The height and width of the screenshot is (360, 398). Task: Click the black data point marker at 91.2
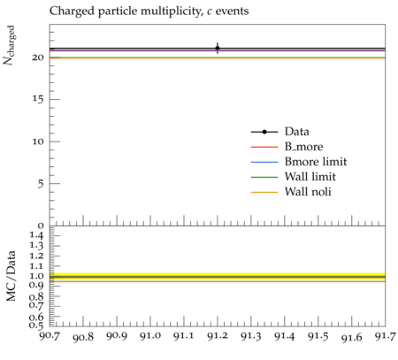click(218, 48)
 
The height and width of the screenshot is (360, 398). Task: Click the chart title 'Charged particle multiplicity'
click(126, 11)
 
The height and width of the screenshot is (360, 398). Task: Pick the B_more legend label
click(303, 147)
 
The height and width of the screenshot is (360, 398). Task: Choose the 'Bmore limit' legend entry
click(316, 162)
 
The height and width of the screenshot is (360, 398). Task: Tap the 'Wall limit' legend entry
click(310, 177)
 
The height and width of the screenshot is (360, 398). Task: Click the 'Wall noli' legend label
click(308, 192)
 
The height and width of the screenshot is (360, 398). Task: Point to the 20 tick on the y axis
click(38, 57)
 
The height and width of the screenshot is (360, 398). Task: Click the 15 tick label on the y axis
click(38, 99)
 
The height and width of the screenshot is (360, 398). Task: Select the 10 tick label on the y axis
click(38, 142)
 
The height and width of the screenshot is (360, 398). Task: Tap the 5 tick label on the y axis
click(41, 184)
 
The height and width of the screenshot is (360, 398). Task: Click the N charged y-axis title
click(9, 45)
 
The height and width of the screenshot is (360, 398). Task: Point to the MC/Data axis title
click(11, 276)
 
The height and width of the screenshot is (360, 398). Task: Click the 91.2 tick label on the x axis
click(218, 336)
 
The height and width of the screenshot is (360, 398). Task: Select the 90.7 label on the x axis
click(50, 336)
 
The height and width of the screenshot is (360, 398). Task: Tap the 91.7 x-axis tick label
click(385, 336)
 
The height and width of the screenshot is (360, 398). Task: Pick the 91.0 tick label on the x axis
click(150, 336)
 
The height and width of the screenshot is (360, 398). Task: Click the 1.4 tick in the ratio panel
click(36, 235)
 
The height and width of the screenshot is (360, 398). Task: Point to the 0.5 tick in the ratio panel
click(36, 326)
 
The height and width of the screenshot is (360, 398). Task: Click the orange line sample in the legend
click(264, 193)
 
